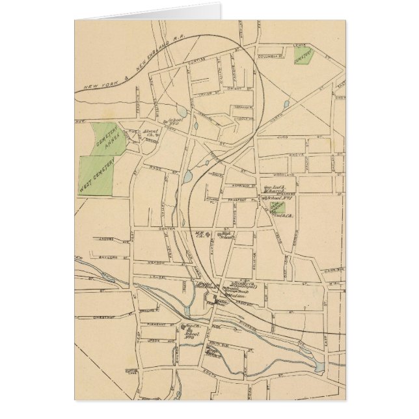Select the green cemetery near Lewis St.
303,56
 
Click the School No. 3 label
191,329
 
